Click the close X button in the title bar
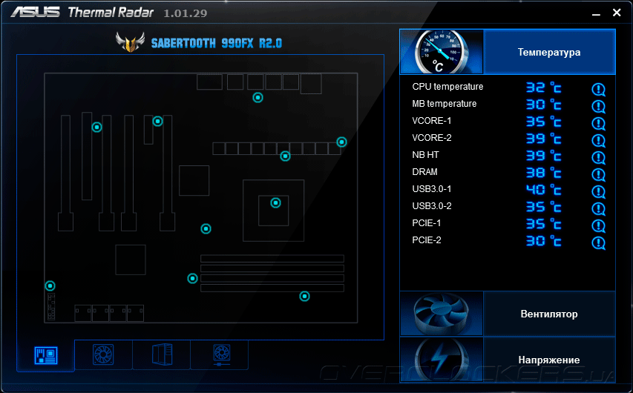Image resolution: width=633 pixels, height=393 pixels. pos(617,13)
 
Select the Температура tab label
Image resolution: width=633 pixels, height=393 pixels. pos(549,52)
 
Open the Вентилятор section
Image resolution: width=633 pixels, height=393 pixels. pos(549,314)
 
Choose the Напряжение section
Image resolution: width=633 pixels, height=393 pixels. pos(549,360)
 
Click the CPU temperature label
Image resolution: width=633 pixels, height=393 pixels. pos(447,87)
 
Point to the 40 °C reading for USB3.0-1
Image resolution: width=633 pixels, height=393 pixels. pos(543,189)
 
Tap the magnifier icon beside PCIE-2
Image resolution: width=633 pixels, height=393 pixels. pos(598,243)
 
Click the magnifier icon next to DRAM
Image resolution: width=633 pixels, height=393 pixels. pos(598,175)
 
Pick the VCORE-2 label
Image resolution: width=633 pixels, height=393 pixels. pos(432,138)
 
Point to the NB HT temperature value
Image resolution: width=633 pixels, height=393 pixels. pos(543,155)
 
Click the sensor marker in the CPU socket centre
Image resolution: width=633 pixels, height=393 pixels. pos(275,202)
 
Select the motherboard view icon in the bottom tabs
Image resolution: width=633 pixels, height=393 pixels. pos(45,356)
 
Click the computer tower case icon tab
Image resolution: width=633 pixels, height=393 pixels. pos(162,354)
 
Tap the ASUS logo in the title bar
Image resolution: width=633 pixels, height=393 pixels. pos(35,13)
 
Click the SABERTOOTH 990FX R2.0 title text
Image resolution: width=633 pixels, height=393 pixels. pos(217,43)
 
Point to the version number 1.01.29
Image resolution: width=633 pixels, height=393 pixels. pos(186,13)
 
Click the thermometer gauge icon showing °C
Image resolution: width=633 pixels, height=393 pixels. pos(442,52)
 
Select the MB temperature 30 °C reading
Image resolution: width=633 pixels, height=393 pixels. pos(543,105)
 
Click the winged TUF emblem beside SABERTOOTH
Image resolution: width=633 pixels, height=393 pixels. pos(130,42)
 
